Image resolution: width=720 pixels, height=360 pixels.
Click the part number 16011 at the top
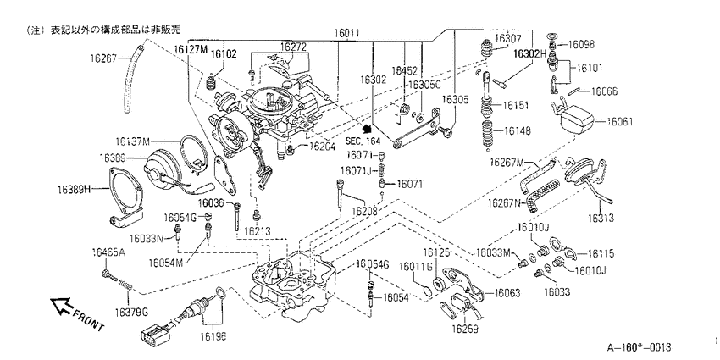(x=346, y=34)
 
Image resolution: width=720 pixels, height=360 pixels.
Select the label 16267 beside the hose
(x=104, y=58)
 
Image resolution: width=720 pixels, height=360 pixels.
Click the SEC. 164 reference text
(x=363, y=141)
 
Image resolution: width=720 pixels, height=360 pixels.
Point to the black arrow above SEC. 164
(x=367, y=130)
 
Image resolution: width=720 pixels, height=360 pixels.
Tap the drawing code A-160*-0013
(x=640, y=347)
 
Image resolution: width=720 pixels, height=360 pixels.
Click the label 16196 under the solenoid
(x=213, y=336)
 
